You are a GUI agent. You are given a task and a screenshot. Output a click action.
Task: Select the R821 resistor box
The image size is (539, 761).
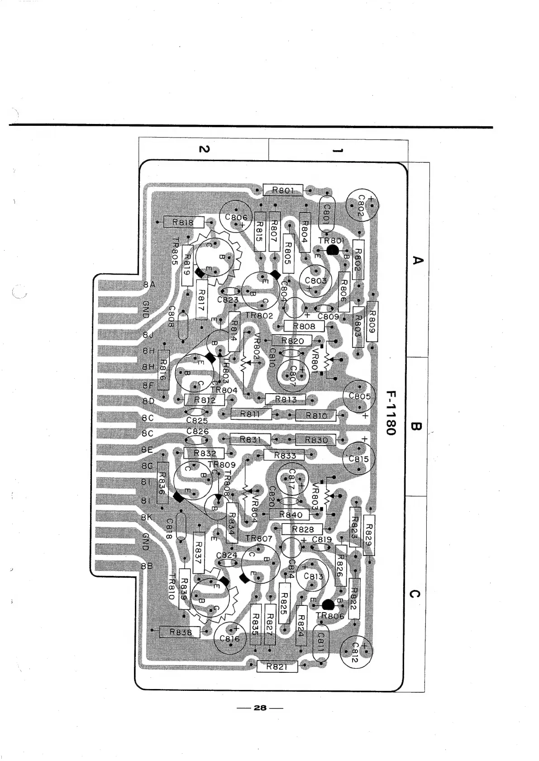click(x=277, y=666)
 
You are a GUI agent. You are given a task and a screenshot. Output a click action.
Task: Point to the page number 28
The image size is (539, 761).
click(x=260, y=708)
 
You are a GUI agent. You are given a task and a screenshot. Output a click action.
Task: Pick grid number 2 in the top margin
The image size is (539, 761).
click(x=204, y=149)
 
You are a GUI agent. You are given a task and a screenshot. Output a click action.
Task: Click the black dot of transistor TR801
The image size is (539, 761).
click(x=333, y=250)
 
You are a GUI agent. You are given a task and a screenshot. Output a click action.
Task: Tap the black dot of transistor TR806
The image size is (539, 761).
click(x=328, y=605)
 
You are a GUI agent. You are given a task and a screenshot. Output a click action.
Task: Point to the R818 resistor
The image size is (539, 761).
click(x=183, y=222)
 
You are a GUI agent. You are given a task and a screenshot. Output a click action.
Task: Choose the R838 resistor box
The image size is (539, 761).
click(x=180, y=632)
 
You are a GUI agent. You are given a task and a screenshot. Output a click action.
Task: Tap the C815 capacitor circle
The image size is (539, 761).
click(x=359, y=458)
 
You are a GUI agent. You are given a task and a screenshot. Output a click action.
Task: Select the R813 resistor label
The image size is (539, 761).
click(x=286, y=399)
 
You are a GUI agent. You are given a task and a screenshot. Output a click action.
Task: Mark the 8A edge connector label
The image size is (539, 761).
click(x=149, y=285)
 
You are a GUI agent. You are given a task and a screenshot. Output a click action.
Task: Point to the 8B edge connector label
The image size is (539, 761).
click(x=147, y=566)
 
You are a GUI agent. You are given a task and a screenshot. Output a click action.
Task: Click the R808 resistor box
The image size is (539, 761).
click(x=304, y=326)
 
